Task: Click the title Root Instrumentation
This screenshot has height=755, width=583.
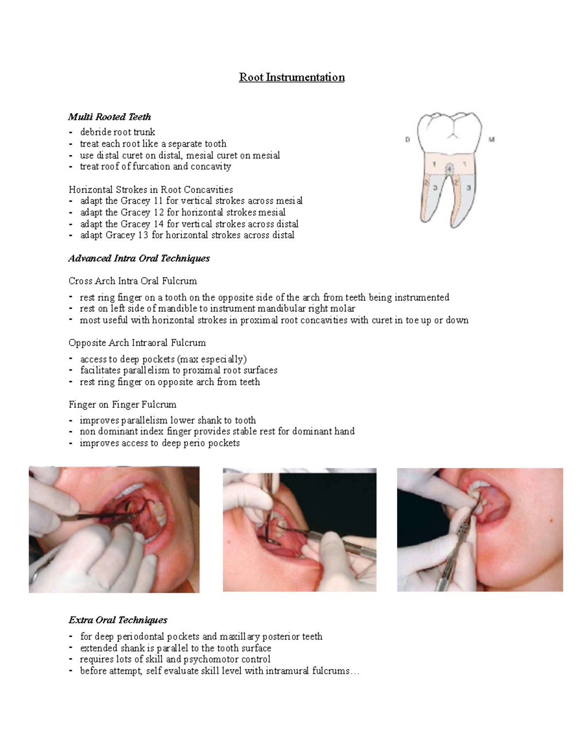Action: click(x=291, y=77)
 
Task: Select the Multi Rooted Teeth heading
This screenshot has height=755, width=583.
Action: click(x=109, y=117)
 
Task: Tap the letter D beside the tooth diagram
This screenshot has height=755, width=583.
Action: click(x=407, y=140)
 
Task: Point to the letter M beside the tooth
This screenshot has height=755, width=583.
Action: click(x=491, y=140)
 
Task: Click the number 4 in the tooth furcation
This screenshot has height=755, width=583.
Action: click(x=449, y=169)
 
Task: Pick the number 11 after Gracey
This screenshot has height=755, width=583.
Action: click(x=158, y=201)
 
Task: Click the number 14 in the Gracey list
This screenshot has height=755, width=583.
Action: click(x=158, y=224)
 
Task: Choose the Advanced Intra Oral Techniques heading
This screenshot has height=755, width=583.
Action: click(x=139, y=258)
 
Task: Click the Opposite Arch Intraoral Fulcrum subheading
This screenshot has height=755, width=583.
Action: click(x=137, y=343)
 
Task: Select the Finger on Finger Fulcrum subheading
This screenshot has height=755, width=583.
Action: click(x=122, y=404)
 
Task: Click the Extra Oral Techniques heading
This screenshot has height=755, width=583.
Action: click(x=118, y=620)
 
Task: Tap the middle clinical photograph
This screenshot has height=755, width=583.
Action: click(x=299, y=530)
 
